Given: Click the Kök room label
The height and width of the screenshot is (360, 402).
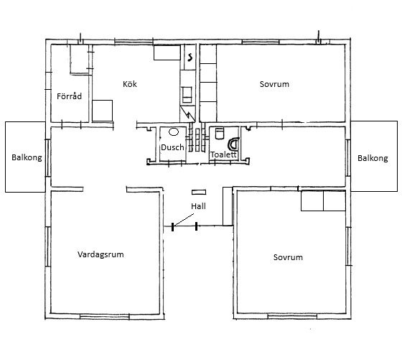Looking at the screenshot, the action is pyautogui.click(x=130, y=84).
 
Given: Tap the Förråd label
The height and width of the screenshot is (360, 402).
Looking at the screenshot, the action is pyautogui.click(x=69, y=96).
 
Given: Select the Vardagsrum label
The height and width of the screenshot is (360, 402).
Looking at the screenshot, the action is pyautogui.click(x=100, y=254).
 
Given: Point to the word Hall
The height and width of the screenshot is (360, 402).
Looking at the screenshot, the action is pyautogui.click(x=198, y=206).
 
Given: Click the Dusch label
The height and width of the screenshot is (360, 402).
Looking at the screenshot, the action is pyautogui.click(x=172, y=147).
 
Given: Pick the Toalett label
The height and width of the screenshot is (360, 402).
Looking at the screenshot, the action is pyautogui.click(x=223, y=154).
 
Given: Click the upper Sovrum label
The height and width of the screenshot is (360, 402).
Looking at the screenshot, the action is pyautogui.click(x=274, y=84).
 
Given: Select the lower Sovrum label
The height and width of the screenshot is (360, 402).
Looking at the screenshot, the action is pyautogui.click(x=288, y=257).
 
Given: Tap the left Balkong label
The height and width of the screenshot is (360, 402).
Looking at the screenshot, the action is pyautogui.click(x=27, y=157).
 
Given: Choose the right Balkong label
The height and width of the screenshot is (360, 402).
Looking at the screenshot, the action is pyautogui.click(x=373, y=158).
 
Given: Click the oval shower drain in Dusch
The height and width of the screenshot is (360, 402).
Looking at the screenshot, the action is pyautogui.click(x=174, y=132).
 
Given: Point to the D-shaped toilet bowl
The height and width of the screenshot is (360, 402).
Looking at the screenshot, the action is pyautogui.click(x=234, y=144).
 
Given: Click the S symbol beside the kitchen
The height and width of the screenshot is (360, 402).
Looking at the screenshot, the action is pyautogui.click(x=190, y=57).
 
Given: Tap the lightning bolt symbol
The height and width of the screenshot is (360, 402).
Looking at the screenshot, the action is pyautogui.click(x=187, y=113).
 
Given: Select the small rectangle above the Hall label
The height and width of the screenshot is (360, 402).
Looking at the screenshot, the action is pyautogui.click(x=199, y=192).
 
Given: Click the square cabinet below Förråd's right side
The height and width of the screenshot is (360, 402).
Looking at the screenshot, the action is pyautogui.click(x=102, y=111).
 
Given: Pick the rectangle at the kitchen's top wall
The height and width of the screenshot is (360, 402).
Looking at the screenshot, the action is pyautogui.click(x=167, y=52).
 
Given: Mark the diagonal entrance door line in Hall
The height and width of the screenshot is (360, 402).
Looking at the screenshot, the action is pyautogui.click(x=184, y=220).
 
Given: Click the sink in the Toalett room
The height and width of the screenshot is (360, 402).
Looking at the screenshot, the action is pyautogui.click(x=220, y=134).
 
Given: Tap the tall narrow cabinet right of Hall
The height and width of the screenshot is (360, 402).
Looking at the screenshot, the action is pyautogui.click(x=228, y=206).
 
